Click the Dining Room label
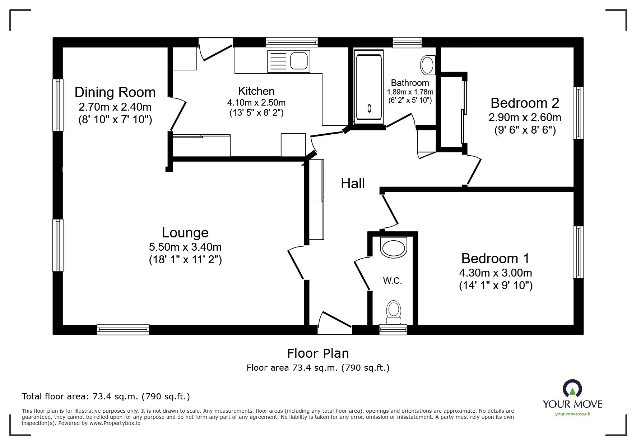115,92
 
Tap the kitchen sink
288,61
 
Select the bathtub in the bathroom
368,87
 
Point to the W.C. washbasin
394,248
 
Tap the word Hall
353,184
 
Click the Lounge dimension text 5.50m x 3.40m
185,247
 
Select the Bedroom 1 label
495,258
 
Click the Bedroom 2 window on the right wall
578,113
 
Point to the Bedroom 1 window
578,252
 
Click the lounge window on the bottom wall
123,330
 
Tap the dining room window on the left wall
58,105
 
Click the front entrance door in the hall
335,325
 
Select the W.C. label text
393,281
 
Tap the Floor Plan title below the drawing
318,353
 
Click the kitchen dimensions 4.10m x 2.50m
256,103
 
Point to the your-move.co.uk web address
572,414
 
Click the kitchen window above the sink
292,42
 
